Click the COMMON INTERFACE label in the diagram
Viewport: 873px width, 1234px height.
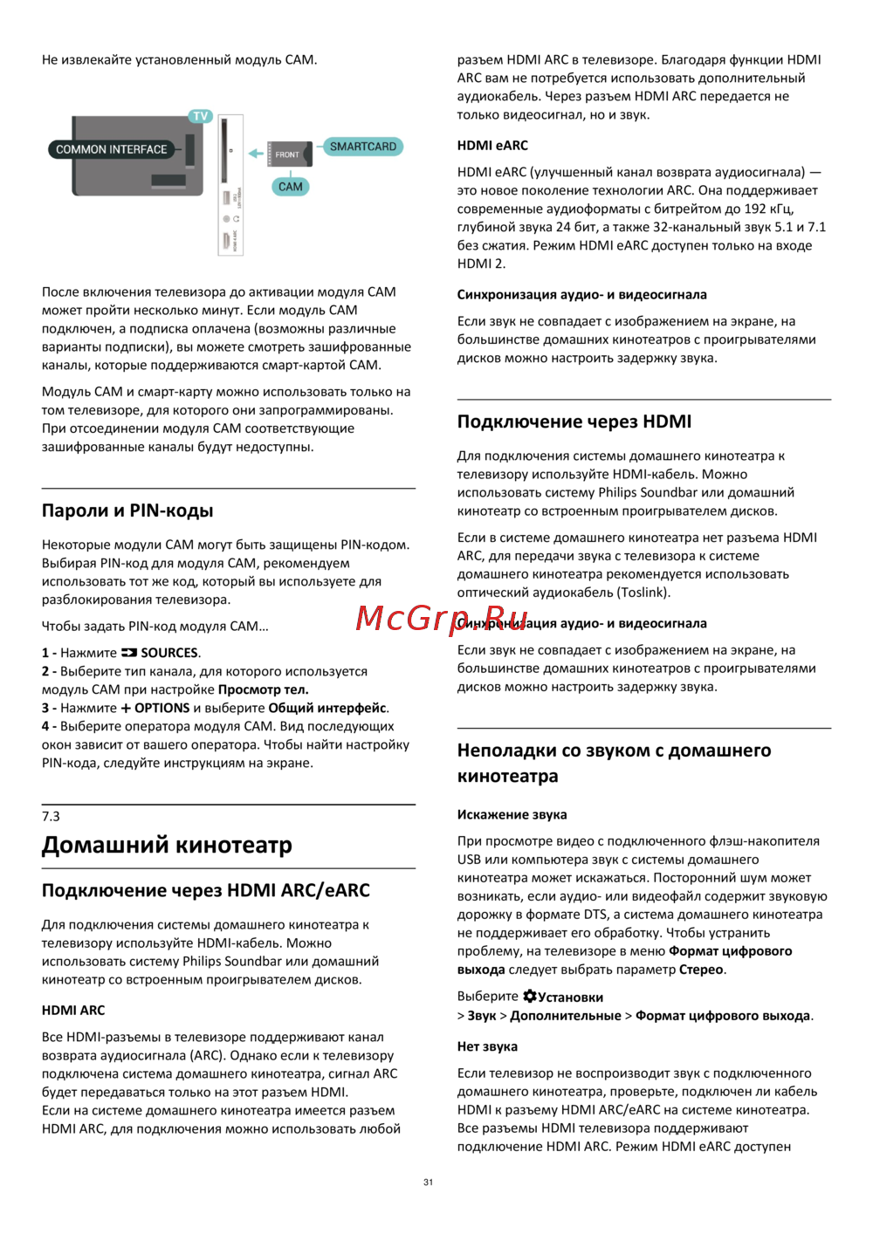[x=111, y=149]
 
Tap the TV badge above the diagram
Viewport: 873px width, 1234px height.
[x=201, y=116]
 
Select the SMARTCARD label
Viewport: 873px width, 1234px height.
[x=362, y=147]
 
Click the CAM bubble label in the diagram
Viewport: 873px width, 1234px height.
[x=291, y=187]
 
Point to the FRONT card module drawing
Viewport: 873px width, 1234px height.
[x=287, y=154]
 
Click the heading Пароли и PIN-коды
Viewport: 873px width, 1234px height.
[x=127, y=511]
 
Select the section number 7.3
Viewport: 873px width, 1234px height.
[x=51, y=817]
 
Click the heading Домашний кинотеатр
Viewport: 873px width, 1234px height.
[x=167, y=845]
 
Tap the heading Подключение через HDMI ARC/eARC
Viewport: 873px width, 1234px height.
[x=206, y=890]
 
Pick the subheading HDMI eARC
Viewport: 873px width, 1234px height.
[x=492, y=146]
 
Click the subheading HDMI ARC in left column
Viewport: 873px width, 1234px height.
[x=73, y=1011]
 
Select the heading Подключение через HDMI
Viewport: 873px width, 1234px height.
[x=574, y=422]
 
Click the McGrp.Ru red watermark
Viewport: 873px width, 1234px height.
[x=442, y=618]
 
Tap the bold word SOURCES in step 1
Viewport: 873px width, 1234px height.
[x=169, y=653]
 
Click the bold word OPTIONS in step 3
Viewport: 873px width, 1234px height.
[x=162, y=709]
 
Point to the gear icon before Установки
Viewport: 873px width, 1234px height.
[x=530, y=997]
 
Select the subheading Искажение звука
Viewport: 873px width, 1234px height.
[x=512, y=815]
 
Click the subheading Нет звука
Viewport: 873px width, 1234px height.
[x=487, y=1047]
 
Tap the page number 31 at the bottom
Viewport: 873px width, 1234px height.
[x=428, y=1183]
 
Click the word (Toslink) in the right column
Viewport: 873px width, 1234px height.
[x=643, y=593]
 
